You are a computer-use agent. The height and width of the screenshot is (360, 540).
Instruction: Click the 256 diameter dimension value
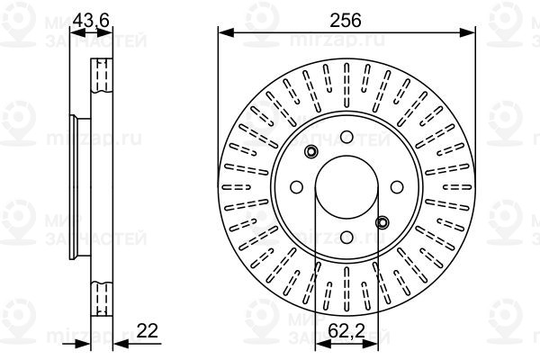[346, 21]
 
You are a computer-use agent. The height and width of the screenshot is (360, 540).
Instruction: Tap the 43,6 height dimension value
[91, 20]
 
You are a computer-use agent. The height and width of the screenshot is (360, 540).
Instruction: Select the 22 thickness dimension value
[147, 330]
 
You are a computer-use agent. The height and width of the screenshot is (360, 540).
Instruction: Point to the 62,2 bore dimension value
[346, 331]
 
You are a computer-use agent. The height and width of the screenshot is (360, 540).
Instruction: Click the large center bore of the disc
[346, 186]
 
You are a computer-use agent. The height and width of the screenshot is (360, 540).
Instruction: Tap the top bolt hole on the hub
[346, 137]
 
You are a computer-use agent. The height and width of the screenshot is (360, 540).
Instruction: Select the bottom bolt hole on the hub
[346, 237]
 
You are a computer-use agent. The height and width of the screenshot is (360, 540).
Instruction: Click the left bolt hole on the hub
[296, 187]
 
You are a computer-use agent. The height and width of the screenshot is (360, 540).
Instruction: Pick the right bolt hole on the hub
[397, 186]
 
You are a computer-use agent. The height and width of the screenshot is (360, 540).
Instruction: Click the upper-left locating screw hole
[311, 151]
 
